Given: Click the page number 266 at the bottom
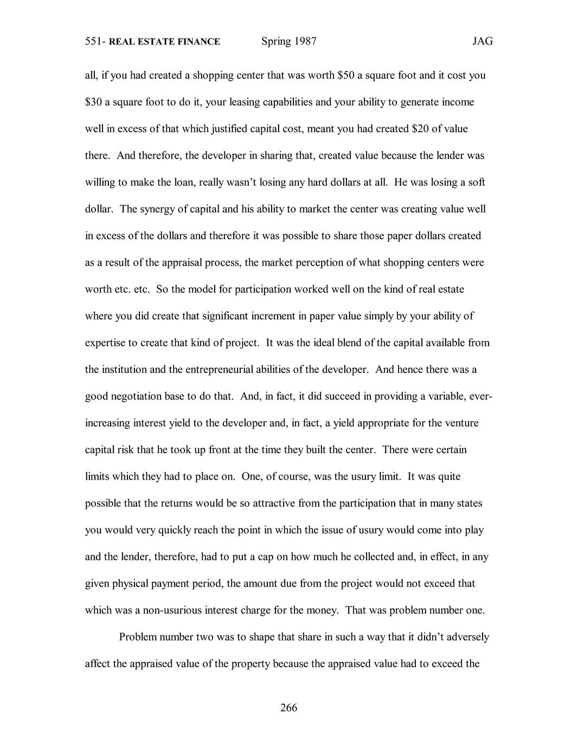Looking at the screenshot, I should (288, 707).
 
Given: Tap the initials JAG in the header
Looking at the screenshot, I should (482, 41).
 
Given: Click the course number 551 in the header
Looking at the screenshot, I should (94, 41).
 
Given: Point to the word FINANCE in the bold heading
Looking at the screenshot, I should (200, 42).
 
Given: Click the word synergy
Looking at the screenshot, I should (156, 209).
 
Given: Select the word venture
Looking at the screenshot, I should (462, 422).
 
